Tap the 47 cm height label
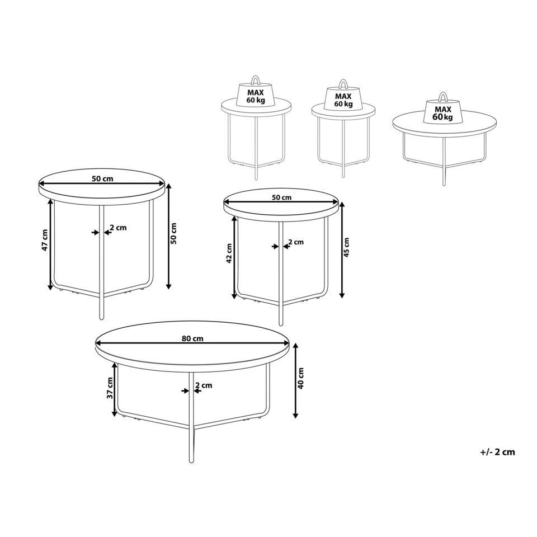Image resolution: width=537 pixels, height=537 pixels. [x=45, y=240]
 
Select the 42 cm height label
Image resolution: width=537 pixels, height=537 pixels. [x=229, y=253]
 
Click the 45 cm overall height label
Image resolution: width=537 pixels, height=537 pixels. [x=346, y=247]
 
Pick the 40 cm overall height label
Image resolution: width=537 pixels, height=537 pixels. [x=300, y=378]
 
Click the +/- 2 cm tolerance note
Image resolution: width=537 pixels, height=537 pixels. [x=498, y=452]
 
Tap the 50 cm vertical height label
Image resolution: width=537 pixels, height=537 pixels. [x=173, y=233]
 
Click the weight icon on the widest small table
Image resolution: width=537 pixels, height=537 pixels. [x=443, y=109]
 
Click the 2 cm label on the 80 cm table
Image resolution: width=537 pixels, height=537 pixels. [x=204, y=385]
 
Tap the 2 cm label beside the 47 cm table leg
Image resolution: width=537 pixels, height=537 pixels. [x=118, y=228]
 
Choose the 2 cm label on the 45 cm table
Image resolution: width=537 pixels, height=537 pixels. [x=296, y=242]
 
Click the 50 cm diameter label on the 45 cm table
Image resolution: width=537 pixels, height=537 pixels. [x=281, y=197]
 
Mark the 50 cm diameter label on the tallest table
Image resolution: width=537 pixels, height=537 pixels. [x=102, y=178]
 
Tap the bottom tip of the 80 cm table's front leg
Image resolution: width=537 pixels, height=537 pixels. [x=191, y=461]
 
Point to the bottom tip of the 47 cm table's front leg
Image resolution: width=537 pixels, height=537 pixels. [x=101, y=318]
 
